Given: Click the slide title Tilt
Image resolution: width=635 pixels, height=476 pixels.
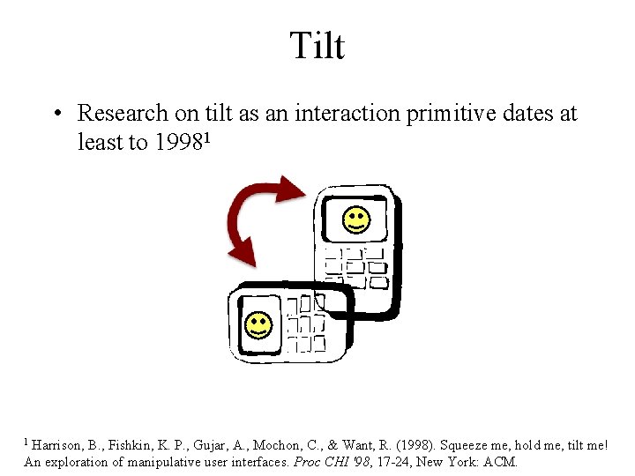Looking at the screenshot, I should (x=317, y=45).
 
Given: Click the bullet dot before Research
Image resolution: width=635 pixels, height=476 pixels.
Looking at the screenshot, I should (x=56, y=114).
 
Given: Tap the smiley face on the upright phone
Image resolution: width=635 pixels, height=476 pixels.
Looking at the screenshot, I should (x=355, y=219).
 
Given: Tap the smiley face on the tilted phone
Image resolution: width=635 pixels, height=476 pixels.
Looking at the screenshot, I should (x=258, y=325).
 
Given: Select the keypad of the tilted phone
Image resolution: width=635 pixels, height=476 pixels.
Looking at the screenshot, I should (x=304, y=323).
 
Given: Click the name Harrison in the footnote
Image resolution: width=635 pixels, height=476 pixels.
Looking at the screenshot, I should (x=61, y=446).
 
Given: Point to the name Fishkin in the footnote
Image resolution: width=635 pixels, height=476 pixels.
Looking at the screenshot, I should (x=137, y=446).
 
